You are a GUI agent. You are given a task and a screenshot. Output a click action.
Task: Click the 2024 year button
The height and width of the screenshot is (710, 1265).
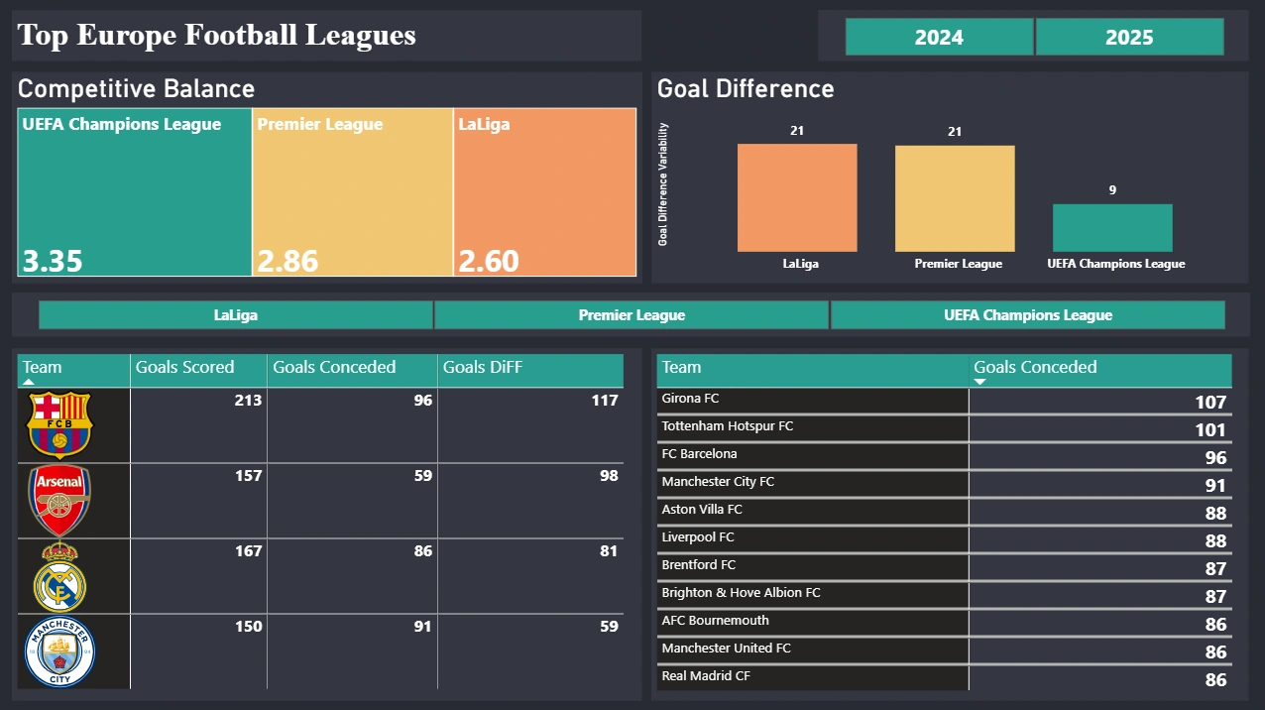(x=939, y=37)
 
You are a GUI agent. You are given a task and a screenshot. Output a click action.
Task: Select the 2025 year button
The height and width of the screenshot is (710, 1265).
(x=1129, y=37)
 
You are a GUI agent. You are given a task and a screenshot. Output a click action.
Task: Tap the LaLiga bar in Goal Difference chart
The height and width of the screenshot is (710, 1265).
(x=797, y=197)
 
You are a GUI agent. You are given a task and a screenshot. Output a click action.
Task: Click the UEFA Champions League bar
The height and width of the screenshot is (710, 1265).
(x=1112, y=228)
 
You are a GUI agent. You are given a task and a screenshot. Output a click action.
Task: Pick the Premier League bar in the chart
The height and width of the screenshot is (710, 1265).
(x=955, y=198)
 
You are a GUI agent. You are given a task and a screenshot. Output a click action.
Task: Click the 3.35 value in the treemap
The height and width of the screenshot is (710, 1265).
(x=54, y=261)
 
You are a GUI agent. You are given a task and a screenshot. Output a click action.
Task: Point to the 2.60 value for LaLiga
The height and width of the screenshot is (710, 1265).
(x=489, y=261)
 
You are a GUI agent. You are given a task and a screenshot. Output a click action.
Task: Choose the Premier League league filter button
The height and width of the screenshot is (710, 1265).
(x=632, y=315)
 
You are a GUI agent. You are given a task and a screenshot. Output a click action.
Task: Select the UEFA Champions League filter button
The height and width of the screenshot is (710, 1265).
(x=1028, y=315)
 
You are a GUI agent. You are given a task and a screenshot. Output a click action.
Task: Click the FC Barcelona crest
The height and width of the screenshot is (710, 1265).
(x=60, y=424)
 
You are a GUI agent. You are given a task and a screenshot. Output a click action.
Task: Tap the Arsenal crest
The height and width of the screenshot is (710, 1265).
(x=60, y=501)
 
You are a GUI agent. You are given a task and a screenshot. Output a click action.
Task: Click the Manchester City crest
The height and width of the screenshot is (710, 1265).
(x=60, y=652)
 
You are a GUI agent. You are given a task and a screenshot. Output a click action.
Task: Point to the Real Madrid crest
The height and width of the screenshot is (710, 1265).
(x=60, y=577)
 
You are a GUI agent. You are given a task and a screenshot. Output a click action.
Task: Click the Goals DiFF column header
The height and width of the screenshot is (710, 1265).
(x=483, y=367)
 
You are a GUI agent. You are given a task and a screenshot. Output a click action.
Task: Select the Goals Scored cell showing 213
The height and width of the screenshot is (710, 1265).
(x=249, y=401)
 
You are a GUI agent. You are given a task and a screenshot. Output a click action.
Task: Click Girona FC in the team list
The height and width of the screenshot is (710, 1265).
(x=691, y=399)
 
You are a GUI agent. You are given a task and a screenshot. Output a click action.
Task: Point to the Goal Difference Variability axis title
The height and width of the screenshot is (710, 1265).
(x=664, y=184)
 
